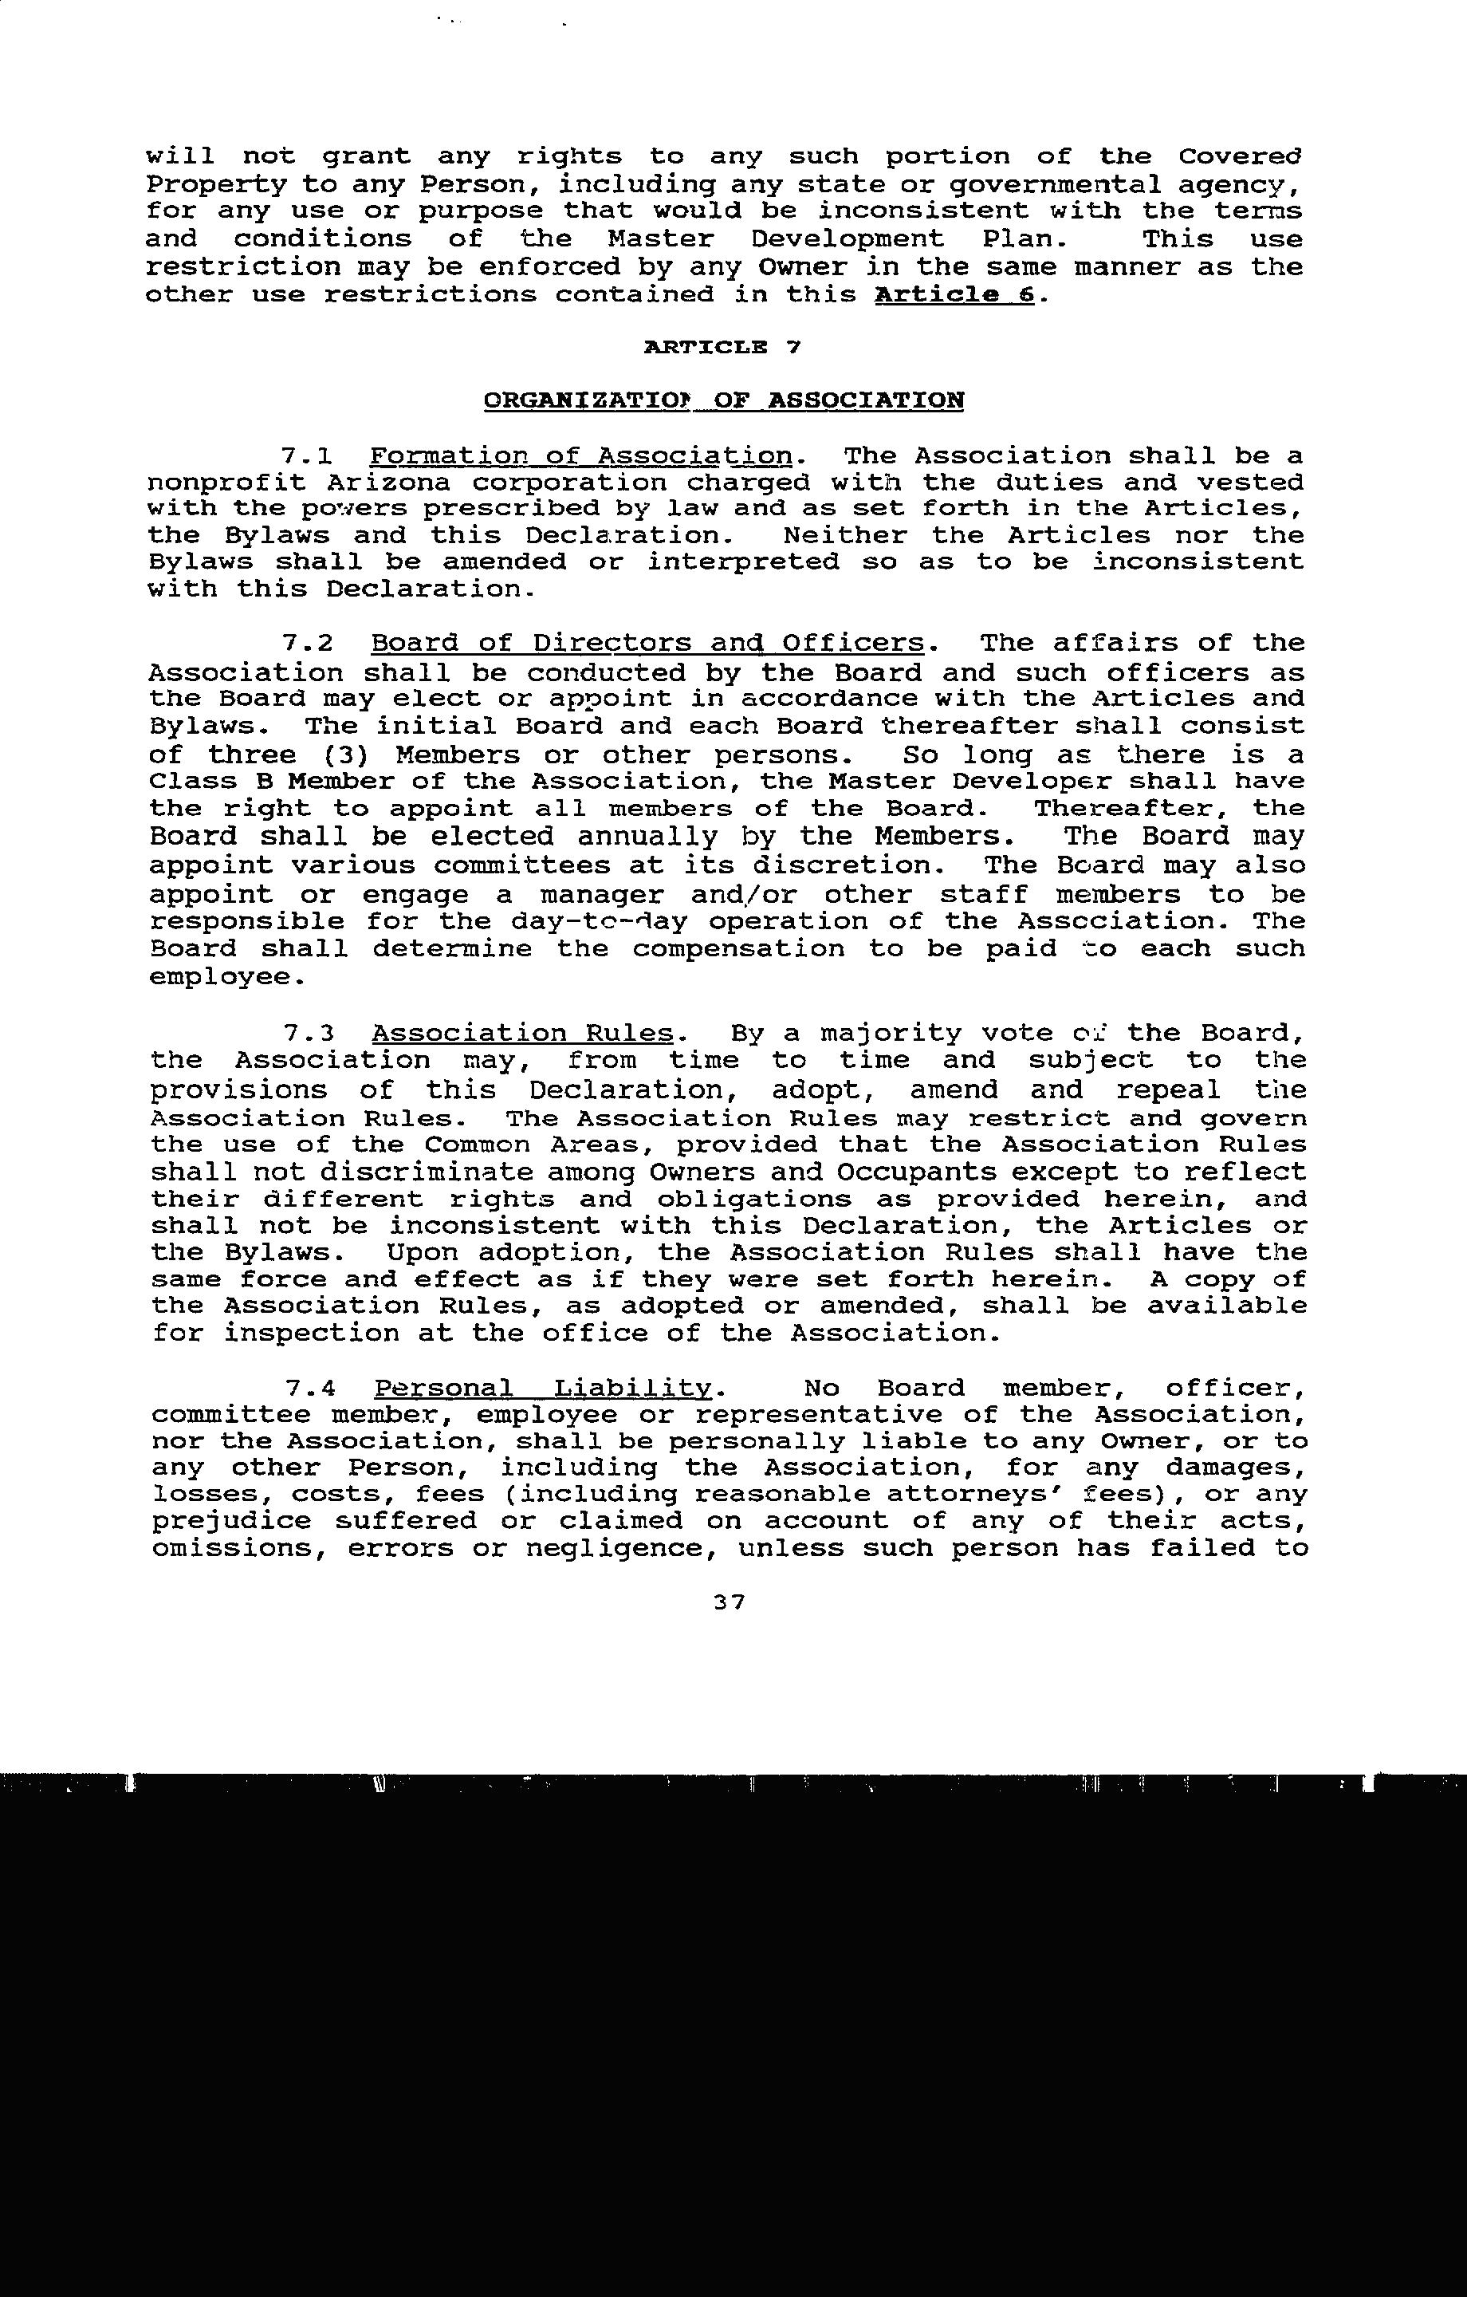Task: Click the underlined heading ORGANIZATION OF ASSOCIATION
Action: pos(724,400)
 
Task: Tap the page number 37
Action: pos(729,1602)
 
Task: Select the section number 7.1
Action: pos(307,456)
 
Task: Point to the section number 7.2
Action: pos(307,644)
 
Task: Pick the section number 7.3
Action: pos(307,1034)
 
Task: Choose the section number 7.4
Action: pos(307,1388)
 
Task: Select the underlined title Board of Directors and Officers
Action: pos(647,644)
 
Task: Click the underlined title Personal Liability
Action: pos(543,1388)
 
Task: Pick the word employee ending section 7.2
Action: pos(224,978)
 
